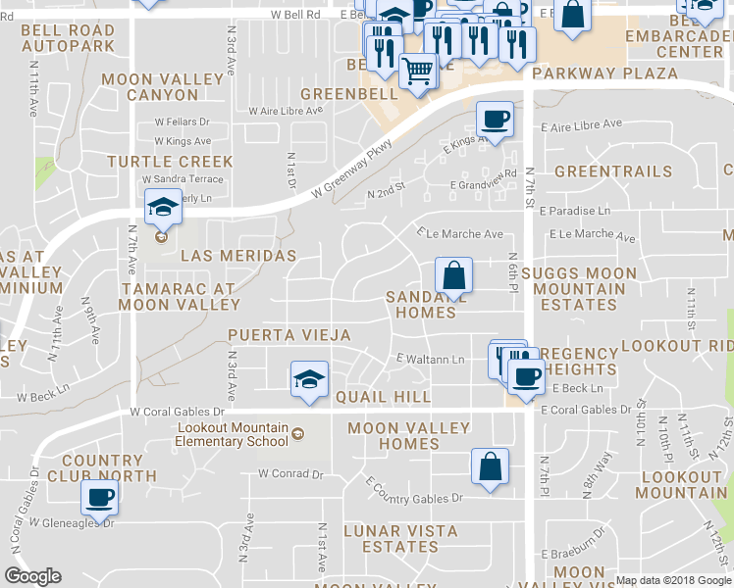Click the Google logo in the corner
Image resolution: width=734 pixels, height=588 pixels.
click(x=33, y=576)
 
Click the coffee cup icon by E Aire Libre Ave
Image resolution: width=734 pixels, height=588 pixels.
click(x=495, y=121)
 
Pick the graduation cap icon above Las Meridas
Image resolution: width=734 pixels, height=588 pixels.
click(x=163, y=207)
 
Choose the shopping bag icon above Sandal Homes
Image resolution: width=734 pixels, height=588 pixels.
click(x=454, y=275)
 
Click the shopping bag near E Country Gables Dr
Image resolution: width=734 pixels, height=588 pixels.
click(x=490, y=466)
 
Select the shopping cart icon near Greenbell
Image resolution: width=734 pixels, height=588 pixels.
click(x=419, y=72)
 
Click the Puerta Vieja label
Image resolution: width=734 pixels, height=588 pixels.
click(x=289, y=335)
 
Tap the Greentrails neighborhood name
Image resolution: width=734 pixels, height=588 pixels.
click(x=613, y=171)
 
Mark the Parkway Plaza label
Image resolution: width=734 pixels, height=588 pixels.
click(x=605, y=73)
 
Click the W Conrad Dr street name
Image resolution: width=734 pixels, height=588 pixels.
click(x=290, y=473)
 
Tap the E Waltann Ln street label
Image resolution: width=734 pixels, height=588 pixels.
click(x=430, y=360)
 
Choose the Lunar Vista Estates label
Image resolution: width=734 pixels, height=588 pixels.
click(x=399, y=538)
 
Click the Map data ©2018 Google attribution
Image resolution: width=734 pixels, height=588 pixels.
click(x=674, y=580)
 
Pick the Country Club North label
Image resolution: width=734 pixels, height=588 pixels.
click(x=108, y=467)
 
